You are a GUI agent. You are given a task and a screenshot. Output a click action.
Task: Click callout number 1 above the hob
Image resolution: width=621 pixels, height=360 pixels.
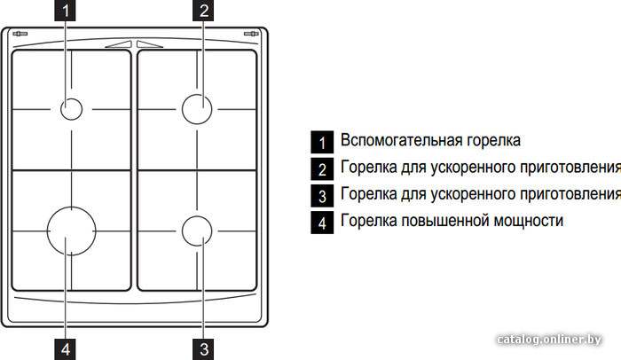click(x=65, y=11)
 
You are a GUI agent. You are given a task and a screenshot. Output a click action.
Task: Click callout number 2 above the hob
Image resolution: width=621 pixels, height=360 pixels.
click(x=203, y=11)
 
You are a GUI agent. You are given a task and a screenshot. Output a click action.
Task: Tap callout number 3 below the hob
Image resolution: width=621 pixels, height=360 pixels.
click(x=203, y=349)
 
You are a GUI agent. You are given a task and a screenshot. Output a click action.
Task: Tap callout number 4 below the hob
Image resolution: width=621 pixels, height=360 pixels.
click(x=65, y=349)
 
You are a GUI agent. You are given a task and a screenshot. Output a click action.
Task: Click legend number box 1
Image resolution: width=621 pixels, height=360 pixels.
click(x=322, y=142)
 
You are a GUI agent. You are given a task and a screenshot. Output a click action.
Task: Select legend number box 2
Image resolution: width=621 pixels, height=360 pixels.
click(x=322, y=169)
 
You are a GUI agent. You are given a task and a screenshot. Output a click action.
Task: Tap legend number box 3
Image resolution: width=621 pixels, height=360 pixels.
click(x=322, y=196)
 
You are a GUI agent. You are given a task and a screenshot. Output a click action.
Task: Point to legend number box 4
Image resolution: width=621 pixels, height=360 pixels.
click(x=322, y=223)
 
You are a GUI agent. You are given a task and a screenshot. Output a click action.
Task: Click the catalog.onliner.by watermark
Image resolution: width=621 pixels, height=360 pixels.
click(x=549, y=340)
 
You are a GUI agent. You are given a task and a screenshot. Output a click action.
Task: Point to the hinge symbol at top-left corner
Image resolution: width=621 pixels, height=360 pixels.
click(x=20, y=34)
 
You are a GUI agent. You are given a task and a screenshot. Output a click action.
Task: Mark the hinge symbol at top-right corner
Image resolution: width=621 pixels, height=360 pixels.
click(x=251, y=34)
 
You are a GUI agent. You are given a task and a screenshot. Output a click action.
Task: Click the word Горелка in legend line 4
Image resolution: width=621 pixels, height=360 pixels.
click(x=368, y=220)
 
